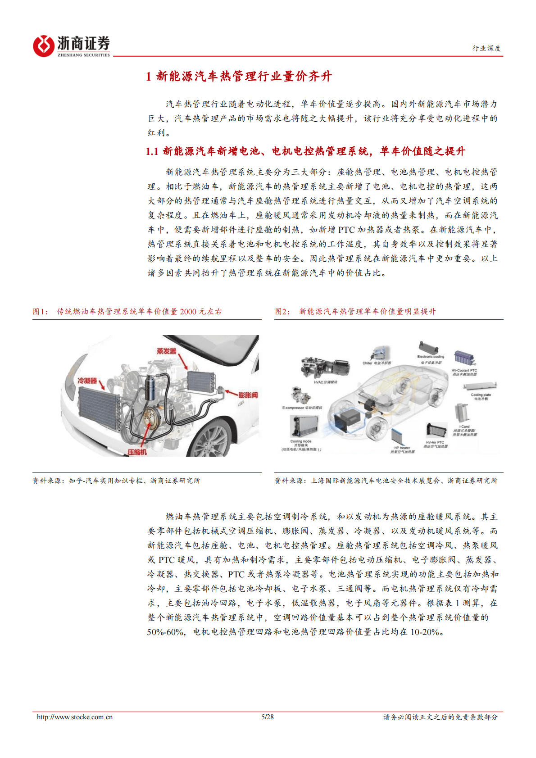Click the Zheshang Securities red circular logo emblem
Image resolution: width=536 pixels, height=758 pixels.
tap(44, 46)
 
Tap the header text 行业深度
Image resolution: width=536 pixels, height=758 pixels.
tap(486, 48)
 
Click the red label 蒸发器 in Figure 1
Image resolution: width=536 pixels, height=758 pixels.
tap(166, 351)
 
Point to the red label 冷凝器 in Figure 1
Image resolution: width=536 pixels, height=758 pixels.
tap(87, 381)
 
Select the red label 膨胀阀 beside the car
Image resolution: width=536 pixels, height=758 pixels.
tap(248, 395)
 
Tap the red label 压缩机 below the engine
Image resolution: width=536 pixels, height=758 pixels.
tap(136, 452)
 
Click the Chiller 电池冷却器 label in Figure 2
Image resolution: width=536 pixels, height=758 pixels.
tap(377, 363)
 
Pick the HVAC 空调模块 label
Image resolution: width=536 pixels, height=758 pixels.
tap(325, 382)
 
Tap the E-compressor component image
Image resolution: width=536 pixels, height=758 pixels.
tap(298, 395)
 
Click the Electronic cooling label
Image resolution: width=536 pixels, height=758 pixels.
tap(430, 357)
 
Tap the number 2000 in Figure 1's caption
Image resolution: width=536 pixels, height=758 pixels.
tap(188, 312)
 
